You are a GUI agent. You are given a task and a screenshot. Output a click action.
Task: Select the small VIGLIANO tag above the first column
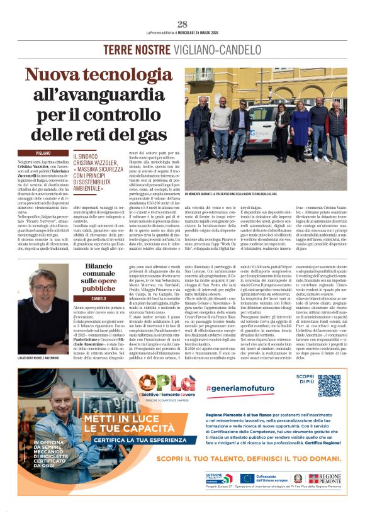(x=43, y=153)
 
